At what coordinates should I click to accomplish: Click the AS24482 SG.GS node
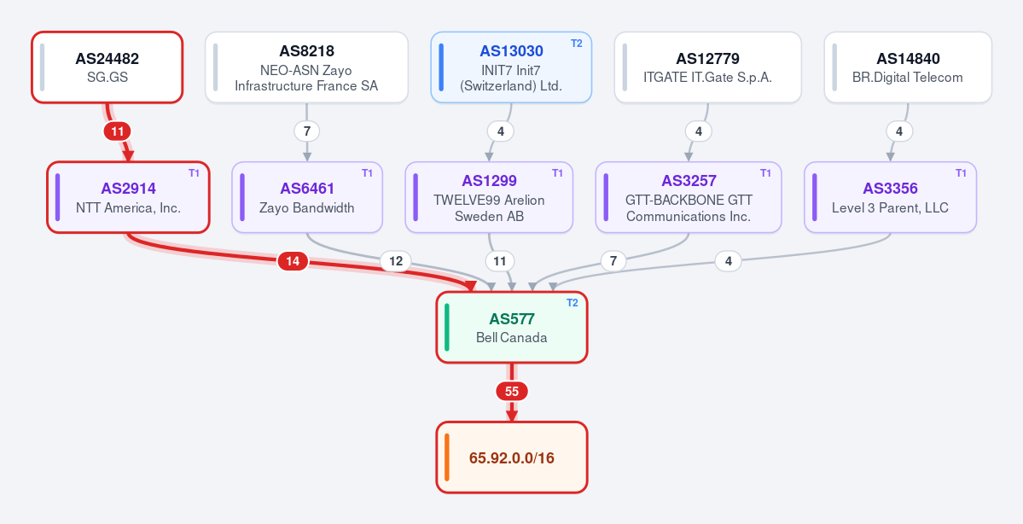coord(107,67)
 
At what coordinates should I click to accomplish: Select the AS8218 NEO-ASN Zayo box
coord(306,67)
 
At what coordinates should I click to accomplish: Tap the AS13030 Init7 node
coord(512,67)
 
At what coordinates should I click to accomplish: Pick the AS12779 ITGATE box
coord(708,67)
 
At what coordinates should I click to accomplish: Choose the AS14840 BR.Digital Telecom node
coord(908,67)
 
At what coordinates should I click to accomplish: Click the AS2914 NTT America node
coord(129,197)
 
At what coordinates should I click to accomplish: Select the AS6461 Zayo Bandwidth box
coord(307,197)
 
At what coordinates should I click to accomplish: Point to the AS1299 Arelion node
coord(490,197)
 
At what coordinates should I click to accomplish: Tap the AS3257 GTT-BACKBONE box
coord(689,197)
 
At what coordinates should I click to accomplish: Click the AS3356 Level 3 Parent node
coord(891,197)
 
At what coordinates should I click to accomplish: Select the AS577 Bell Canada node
coord(512,328)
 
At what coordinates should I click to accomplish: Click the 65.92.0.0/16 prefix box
coord(512,457)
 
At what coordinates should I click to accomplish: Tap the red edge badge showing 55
coord(512,392)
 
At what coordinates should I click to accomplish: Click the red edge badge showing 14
coord(293,262)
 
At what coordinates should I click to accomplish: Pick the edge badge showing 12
coord(396,262)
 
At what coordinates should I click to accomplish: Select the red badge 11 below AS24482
coord(118,131)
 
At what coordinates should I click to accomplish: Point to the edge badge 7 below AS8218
coord(306,131)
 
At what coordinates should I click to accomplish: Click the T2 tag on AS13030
coord(577,43)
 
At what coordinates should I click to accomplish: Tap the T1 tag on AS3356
coord(961,173)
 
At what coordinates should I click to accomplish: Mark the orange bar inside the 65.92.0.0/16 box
coord(447,457)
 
